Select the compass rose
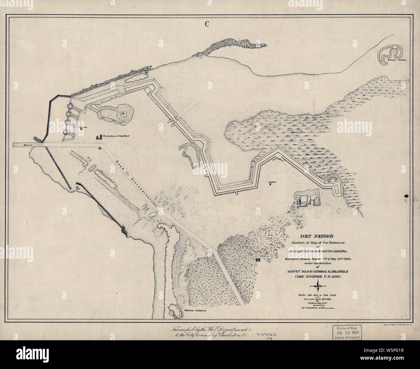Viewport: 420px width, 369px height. (x=319, y=284)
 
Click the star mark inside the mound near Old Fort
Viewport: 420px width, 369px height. (x=123, y=114)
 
